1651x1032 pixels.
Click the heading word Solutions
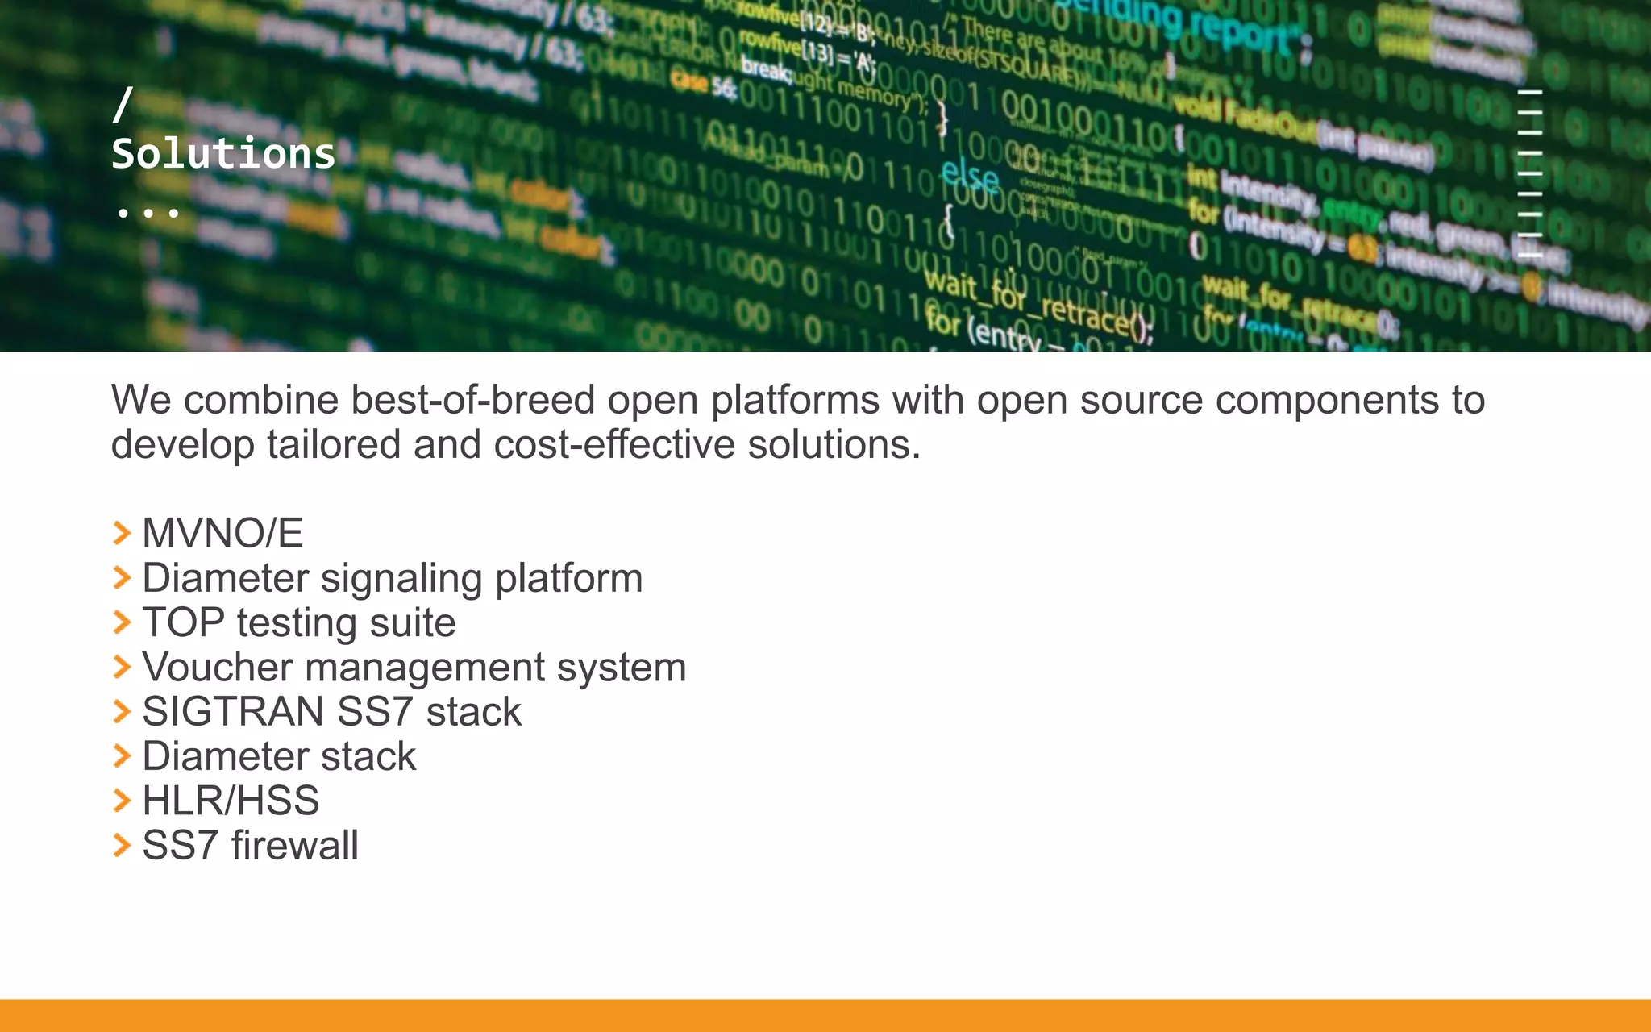pos(223,153)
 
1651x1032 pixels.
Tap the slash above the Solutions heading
pos(123,104)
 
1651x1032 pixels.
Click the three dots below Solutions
pos(148,214)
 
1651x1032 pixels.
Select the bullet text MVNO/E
pos(222,533)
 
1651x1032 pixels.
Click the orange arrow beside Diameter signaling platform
pos(122,577)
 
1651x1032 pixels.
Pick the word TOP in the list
pos(183,622)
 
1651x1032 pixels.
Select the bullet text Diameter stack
pos(279,756)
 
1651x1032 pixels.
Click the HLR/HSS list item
pos(231,801)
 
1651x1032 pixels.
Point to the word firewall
pos(294,845)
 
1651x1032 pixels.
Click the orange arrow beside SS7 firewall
pos(122,845)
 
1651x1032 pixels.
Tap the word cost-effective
pos(614,444)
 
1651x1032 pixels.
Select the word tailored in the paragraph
pos(334,444)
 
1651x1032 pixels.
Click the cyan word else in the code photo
pos(970,175)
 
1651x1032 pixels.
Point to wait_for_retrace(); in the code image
pos(1040,305)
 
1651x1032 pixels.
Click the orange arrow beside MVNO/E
pos(122,533)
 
